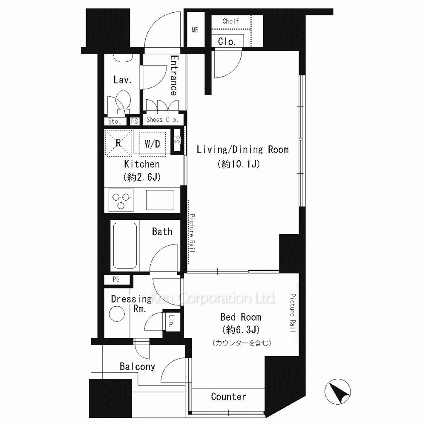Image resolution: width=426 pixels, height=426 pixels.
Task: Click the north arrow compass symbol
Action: tap(338, 391)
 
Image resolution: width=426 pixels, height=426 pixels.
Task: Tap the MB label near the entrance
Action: tap(195, 30)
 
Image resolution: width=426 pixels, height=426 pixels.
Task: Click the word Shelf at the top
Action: tap(230, 21)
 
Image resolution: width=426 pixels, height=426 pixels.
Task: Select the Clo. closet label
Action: tap(227, 42)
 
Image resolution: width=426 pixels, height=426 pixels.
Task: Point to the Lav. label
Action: tap(123, 80)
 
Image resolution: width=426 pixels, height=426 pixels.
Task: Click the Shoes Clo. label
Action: tap(162, 119)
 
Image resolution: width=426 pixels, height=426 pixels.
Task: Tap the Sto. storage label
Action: tap(114, 121)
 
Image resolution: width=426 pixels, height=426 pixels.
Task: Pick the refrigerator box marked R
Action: tap(118, 143)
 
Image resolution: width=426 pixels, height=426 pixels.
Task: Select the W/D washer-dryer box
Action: tap(152, 144)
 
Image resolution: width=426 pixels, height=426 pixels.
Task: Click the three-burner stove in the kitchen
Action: tap(121, 200)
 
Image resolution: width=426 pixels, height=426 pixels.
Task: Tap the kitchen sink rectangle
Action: tap(160, 200)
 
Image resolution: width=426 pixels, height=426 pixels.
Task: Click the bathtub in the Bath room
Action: tap(125, 246)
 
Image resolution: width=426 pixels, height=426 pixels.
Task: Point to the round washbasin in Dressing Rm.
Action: tap(117, 314)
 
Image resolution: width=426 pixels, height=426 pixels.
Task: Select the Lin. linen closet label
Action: tap(172, 321)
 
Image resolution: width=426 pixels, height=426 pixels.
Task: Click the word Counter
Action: tap(228, 397)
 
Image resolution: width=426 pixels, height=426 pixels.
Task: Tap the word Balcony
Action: tap(138, 367)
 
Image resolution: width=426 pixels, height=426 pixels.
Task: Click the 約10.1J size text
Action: tap(239, 164)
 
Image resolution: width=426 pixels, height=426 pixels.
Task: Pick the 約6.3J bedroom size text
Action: tap(241, 330)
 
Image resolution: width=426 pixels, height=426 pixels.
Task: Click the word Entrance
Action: tap(174, 75)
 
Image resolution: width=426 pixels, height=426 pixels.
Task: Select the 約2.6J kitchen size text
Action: tap(142, 177)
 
